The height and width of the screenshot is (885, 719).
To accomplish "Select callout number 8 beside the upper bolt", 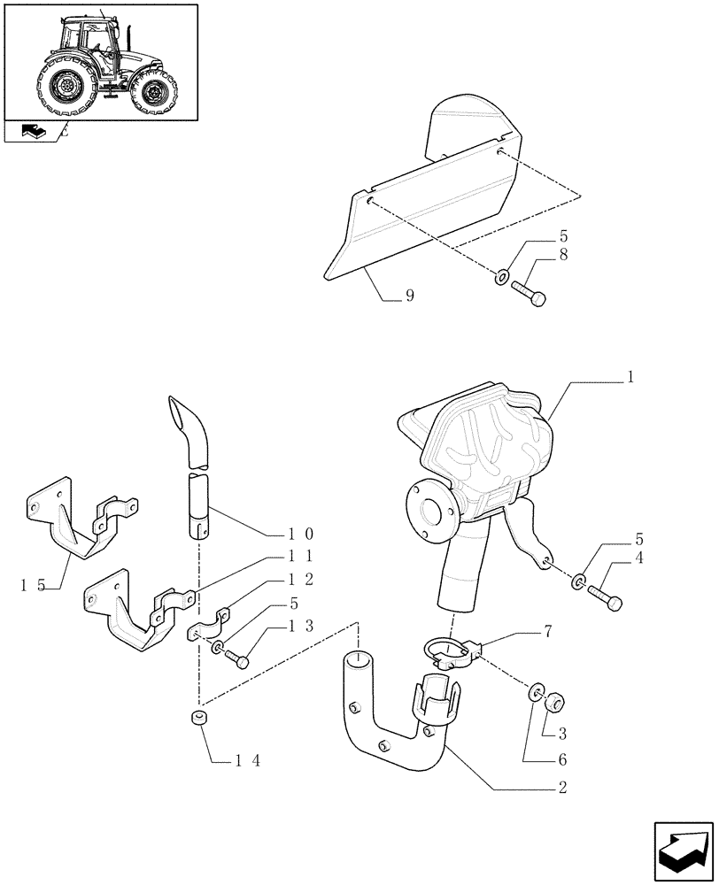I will point(564,255).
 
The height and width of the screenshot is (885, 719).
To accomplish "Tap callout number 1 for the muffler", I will point(630,377).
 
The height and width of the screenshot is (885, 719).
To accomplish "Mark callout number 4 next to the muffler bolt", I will point(638,558).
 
